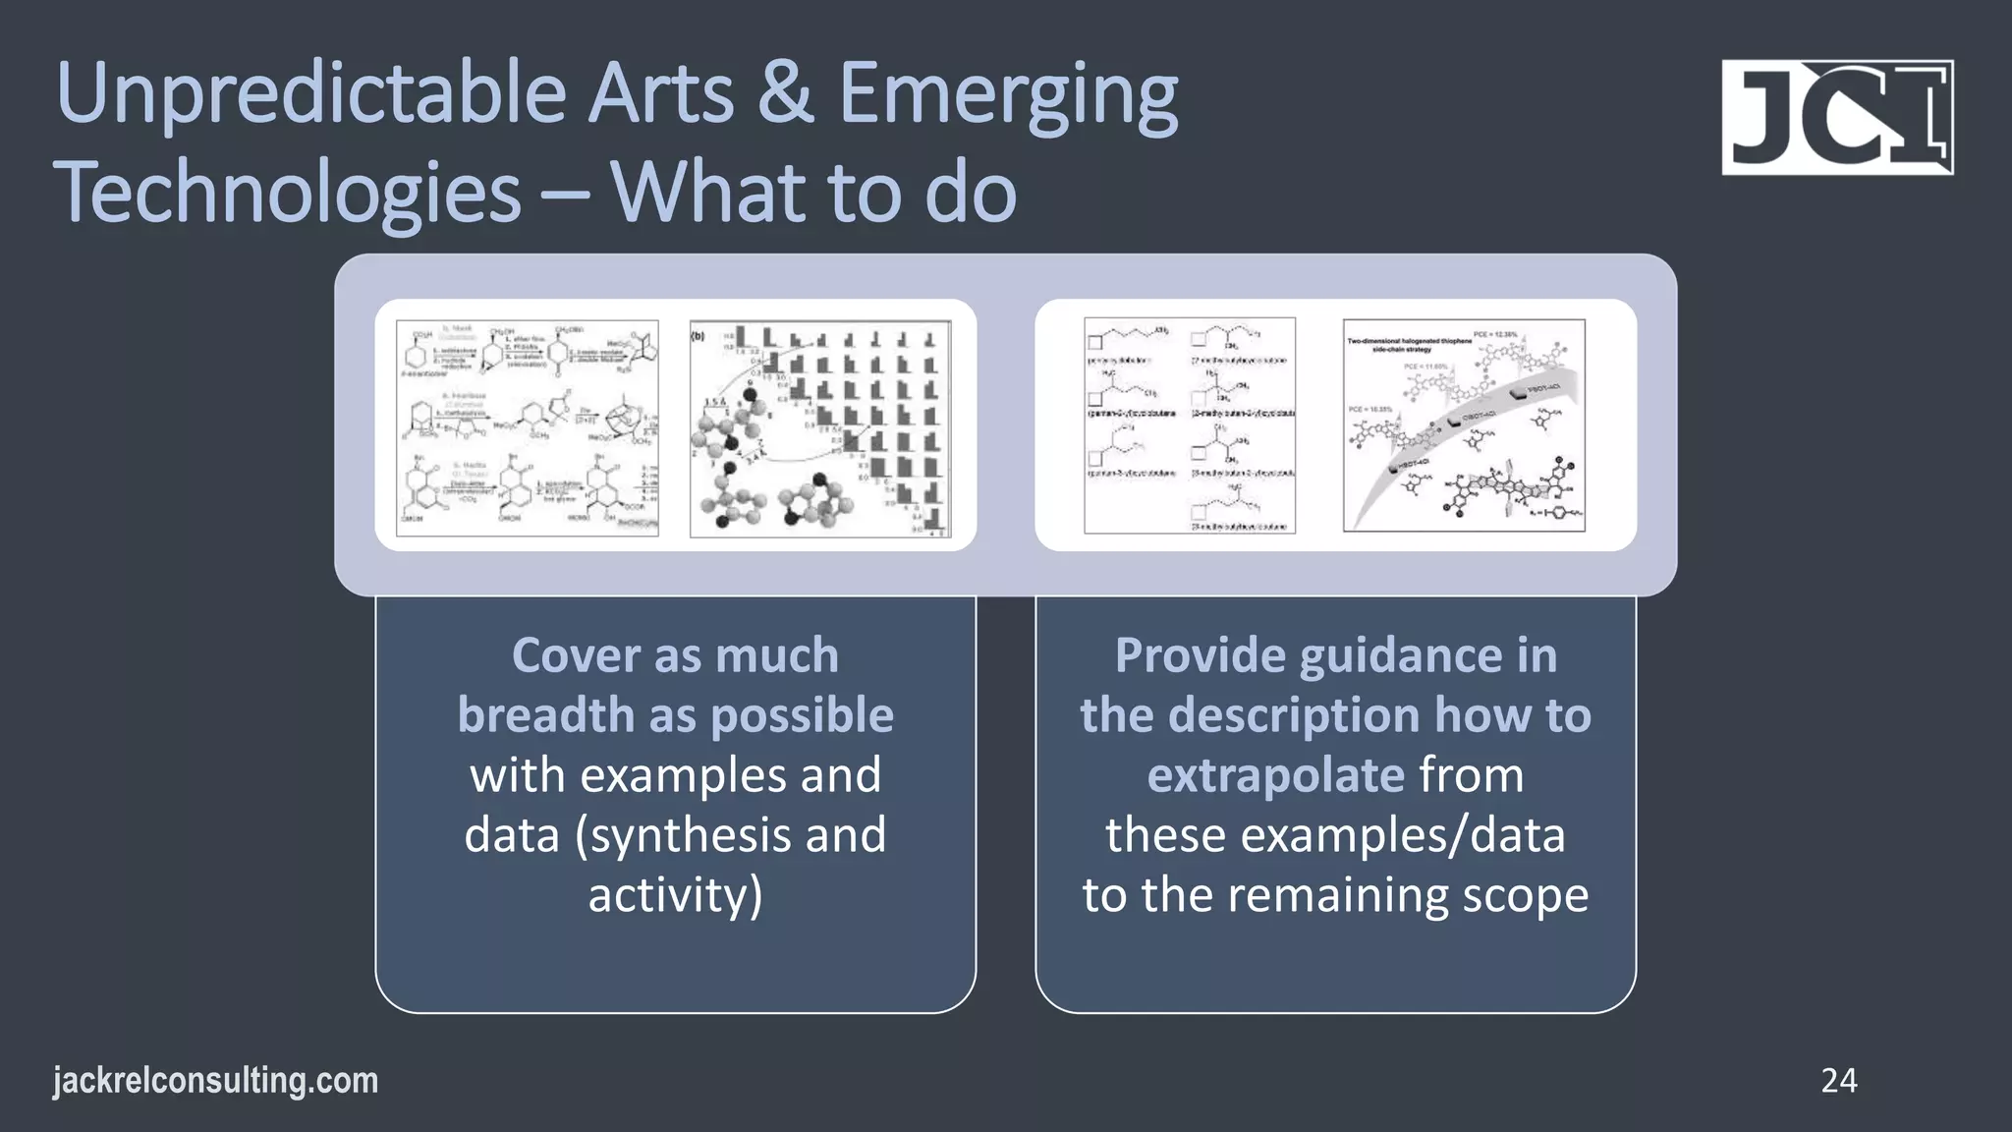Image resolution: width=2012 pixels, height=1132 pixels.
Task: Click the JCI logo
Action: pyautogui.click(x=1836, y=117)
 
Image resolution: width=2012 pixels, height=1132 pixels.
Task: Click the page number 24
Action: pyautogui.click(x=1838, y=1081)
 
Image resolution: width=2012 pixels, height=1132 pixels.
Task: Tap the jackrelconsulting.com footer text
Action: pyautogui.click(x=215, y=1081)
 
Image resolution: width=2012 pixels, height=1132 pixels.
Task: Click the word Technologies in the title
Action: pyautogui.click(x=287, y=194)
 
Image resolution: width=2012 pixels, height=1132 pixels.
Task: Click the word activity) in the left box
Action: pyautogui.click(x=675, y=895)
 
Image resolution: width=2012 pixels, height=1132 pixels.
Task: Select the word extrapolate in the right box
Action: pyautogui.click(x=1275, y=776)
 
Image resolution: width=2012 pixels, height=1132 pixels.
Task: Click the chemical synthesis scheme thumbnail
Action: pyautogui.click(x=528, y=427)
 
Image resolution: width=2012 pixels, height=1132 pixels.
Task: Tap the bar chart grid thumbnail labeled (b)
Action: pyautogui.click(x=820, y=428)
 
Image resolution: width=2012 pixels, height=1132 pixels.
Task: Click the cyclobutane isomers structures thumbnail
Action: pyautogui.click(x=1190, y=425)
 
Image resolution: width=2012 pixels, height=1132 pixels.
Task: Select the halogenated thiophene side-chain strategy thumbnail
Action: pyautogui.click(x=1464, y=425)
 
